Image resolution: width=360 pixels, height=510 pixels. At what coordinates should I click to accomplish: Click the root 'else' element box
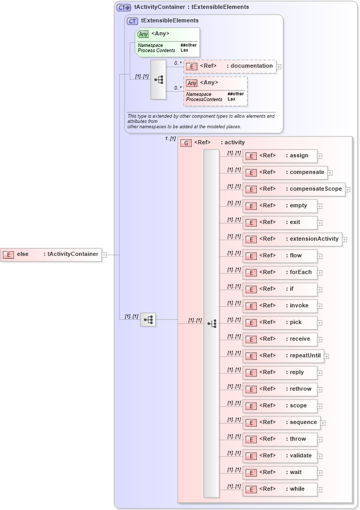(51, 255)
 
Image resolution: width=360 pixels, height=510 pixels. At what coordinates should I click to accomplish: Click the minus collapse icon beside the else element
(105, 255)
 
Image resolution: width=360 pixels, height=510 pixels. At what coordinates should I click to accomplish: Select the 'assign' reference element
(280, 156)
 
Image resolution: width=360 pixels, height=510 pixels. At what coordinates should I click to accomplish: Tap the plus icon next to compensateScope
(347, 190)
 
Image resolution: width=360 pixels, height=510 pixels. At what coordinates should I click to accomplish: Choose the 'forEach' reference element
(280, 272)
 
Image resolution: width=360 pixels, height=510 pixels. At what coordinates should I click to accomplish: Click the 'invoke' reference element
(280, 306)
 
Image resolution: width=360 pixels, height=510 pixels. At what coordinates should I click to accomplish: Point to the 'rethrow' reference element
(280, 389)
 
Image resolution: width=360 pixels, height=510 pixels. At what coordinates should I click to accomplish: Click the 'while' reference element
(280, 489)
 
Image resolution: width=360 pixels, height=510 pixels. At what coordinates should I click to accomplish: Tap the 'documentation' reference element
(229, 66)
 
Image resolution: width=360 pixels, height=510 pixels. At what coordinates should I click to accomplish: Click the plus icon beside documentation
(279, 67)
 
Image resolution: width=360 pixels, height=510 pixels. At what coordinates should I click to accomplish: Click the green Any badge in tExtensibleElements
(143, 34)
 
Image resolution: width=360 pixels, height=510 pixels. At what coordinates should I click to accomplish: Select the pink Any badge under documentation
(192, 83)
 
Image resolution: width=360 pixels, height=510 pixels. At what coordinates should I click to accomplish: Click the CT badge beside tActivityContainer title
(124, 7)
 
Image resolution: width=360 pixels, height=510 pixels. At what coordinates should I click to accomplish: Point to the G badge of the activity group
(186, 143)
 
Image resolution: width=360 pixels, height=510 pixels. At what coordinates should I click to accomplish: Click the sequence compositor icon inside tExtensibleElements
(158, 80)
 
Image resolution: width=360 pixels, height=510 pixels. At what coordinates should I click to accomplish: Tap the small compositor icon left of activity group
(148, 319)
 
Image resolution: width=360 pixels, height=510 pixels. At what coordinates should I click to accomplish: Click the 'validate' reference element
(280, 456)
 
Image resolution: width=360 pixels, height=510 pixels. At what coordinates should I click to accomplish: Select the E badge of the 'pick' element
(251, 322)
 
